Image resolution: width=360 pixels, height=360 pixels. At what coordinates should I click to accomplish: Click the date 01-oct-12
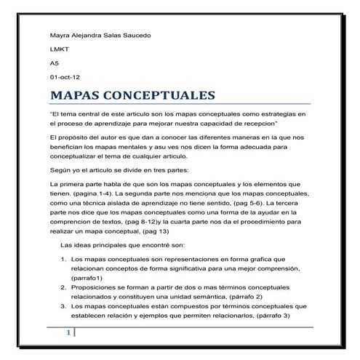[64, 76]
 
